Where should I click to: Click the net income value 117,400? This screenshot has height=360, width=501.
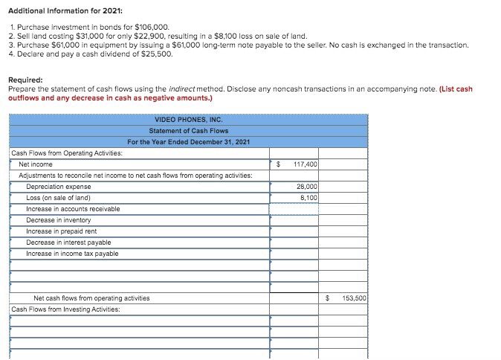pos(305,164)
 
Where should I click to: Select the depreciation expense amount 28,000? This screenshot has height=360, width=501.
pos(306,186)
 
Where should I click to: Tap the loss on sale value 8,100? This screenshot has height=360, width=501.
pos(308,197)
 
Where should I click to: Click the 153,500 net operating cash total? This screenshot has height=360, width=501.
pos(353,298)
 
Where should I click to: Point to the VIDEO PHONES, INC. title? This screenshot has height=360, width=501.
pos(188,120)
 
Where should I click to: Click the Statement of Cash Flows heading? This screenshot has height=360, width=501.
pos(188,131)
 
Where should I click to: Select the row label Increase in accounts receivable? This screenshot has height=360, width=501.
pos(73,209)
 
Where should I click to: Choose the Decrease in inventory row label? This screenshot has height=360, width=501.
pos(58,220)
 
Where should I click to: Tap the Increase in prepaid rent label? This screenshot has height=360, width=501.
pos(62,231)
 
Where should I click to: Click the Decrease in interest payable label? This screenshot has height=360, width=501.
pos(68,242)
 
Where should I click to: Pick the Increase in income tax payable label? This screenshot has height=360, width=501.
pos(72,254)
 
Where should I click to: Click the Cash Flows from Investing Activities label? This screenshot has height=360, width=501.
pos(65,309)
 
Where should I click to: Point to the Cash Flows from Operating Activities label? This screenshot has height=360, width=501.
pos(67,152)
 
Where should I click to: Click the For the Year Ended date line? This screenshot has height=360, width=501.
pos(188,142)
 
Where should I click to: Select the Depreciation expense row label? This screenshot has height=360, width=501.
pos(58,186)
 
